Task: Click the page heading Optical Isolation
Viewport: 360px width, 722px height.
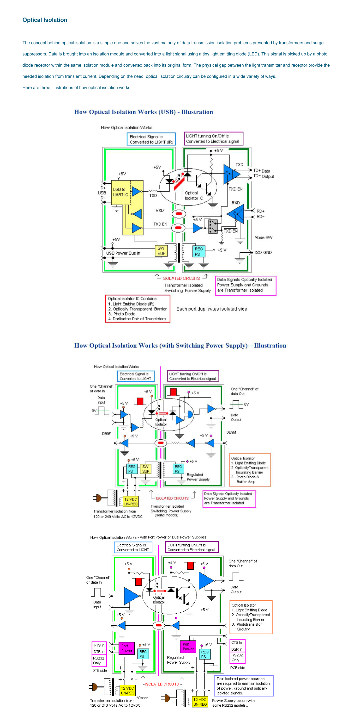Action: point(45,20)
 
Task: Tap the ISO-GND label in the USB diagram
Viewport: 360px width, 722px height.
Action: point(263,252)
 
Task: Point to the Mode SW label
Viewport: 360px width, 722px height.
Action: point(263,237)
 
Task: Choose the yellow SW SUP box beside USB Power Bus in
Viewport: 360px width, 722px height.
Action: point(161,251)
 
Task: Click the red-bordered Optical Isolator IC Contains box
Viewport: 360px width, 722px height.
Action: point(138,309)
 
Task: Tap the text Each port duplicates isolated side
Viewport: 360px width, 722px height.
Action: point(212,309)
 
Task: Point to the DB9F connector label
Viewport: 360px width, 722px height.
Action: point(106,434)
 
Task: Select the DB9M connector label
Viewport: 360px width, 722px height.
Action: point(231,432)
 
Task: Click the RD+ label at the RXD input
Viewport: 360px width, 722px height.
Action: point(260,211)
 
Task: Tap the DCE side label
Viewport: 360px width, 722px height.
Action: point(237,668)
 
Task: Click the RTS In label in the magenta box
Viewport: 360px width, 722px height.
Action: point(99,645)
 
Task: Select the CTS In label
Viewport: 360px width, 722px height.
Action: point(237,642)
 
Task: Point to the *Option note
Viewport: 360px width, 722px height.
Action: point(142,698)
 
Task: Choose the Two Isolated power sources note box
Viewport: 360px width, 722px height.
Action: point(243,686)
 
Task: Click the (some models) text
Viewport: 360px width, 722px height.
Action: point(166,515)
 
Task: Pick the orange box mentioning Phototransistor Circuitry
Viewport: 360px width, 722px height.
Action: point(251,617)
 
